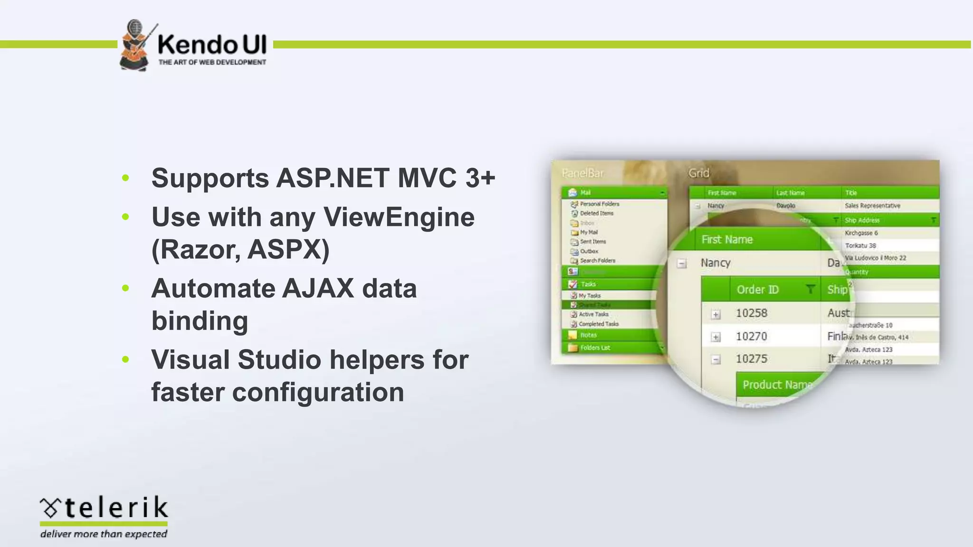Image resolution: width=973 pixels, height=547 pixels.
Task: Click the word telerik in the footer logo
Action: tap(116, 508)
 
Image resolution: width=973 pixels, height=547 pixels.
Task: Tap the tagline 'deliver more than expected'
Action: tap(104, 534)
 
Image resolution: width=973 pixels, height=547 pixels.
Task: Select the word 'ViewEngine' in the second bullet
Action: tap(399, 217)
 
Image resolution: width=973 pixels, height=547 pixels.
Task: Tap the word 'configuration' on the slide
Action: tap(318, 393)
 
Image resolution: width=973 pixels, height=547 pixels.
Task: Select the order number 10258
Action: tap(751, 313)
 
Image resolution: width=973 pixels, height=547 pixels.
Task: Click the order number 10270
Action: tap(751, 337)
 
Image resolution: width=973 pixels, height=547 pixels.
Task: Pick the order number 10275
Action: tap(751, 359)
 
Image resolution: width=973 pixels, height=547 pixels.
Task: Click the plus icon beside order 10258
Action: tap(716, 314)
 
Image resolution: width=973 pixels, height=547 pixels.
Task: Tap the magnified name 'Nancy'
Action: tap(715, 263)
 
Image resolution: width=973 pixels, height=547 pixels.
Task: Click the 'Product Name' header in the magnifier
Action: tap(776, 385)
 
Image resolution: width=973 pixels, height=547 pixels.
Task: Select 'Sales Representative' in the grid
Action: tap(872, 206)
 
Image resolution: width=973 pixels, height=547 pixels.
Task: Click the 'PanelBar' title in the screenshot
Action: tap(582, 173)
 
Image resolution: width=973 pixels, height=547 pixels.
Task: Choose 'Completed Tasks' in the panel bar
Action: tap(598, 324)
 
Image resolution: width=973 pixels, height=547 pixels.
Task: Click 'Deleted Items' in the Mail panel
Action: tap(596, 213)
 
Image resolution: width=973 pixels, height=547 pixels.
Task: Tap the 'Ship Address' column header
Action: tap(862, 220)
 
